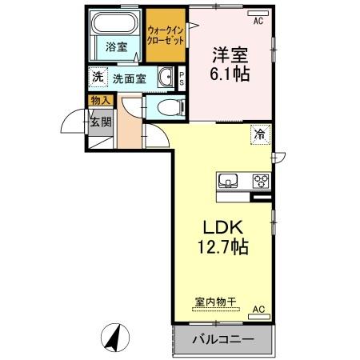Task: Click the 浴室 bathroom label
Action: [x=117, y=47]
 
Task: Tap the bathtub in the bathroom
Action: [x=117, y=25]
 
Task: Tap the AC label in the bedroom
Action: [x=258, y=22]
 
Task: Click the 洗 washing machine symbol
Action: [x=97, y=78]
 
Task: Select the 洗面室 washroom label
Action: [x=129, y=78]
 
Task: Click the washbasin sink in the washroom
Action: [x=166, y=78]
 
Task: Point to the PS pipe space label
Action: [x=182, y=78]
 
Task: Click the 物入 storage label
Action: [x=99, y=101]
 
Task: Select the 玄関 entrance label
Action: [x=99, y=122]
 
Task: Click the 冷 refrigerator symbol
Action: [x=259, y=134]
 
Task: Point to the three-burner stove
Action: [x=261, y=180]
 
